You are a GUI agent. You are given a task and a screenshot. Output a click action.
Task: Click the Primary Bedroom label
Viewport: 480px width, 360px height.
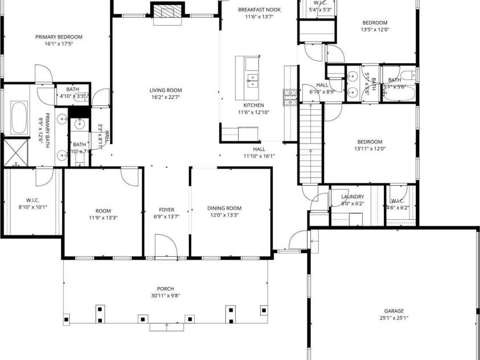[55, 37]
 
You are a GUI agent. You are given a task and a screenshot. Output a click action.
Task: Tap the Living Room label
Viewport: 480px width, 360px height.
[166, 90]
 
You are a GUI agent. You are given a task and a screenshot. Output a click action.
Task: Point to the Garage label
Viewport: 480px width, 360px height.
[393, 310]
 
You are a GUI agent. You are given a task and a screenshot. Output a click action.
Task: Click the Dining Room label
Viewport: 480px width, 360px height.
[224, 208]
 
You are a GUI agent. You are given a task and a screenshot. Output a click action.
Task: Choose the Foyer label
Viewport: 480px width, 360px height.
[166, 210]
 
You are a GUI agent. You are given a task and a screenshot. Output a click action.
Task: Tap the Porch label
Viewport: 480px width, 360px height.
[166, 289]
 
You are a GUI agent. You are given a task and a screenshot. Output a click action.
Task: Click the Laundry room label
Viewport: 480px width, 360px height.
[352, 197]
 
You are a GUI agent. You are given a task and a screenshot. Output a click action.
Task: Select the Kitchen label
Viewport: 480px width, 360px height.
[253, 105]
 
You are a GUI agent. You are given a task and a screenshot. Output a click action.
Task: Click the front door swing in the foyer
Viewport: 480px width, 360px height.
[165, 246]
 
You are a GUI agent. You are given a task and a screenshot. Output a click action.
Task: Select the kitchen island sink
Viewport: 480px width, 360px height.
[251, 79]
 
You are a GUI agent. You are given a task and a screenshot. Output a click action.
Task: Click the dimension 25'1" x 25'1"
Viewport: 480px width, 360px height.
[393, 318]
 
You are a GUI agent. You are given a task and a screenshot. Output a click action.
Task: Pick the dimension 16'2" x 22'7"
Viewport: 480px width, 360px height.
[166, 97]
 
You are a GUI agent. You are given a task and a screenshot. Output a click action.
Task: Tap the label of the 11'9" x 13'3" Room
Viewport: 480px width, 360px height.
[102, 210]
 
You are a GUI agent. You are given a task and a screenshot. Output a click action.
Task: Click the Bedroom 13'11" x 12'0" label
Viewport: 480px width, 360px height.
[370, 142]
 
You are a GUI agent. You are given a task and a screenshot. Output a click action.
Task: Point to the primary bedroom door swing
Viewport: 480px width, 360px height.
[43, 74]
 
